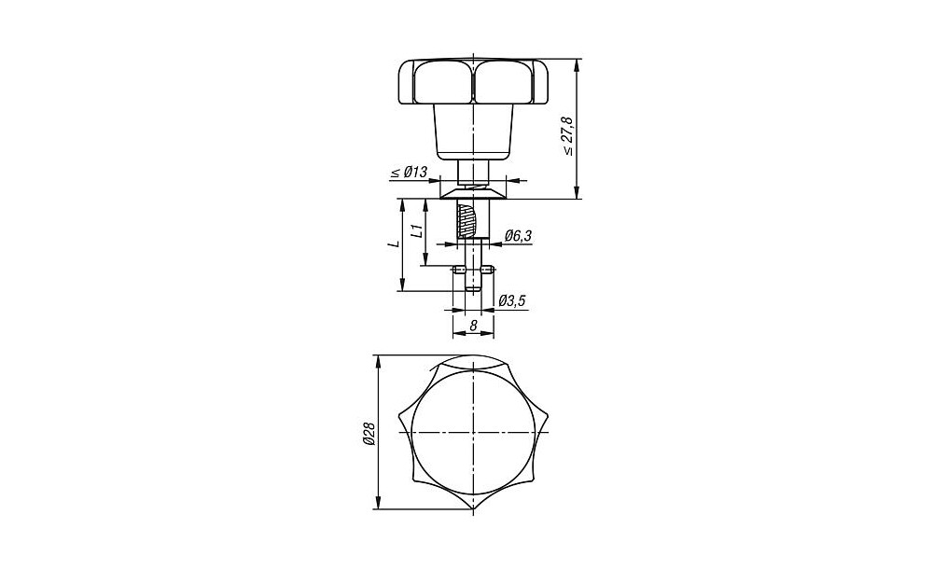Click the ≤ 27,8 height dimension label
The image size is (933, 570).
point(568,136)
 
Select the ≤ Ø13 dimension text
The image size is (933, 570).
point(409,173)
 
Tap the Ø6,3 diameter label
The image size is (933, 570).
point(518,236)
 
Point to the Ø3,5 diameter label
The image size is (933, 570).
point(512,301)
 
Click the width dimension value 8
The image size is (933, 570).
point(473,326)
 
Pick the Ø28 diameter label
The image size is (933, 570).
point(369,434)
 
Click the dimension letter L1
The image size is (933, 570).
point(418,230)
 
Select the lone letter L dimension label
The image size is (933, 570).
point(394,243)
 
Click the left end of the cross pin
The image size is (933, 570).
point(454,271)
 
